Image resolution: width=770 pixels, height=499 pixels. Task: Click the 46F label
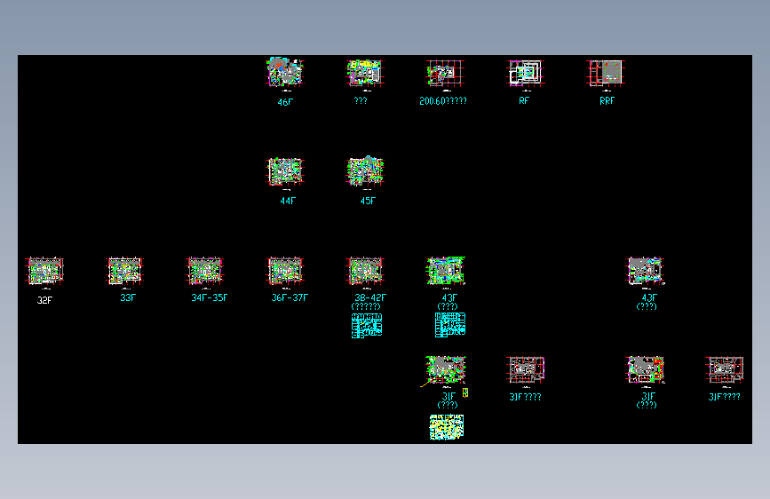pos(285,102)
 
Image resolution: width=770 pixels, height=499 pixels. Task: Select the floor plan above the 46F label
pos(286,73)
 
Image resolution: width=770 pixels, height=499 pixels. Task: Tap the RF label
pos(524,101)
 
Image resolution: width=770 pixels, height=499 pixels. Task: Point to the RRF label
pos(607,101)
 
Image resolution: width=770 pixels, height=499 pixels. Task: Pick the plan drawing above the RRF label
pos(607,73)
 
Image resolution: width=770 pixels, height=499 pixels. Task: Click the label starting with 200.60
pos(443,101)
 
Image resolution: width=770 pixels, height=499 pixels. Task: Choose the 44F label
pos(287,201)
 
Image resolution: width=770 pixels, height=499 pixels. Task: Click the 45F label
pos(368,201)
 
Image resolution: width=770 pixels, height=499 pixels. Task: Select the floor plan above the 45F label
pos(365,171)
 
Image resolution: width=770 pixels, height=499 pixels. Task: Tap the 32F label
pos(44,300)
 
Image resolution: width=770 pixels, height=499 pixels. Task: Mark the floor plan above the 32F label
pos(44,271)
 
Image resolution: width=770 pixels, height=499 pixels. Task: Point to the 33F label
pos(128,297)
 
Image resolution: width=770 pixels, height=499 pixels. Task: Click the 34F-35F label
pos(209,297)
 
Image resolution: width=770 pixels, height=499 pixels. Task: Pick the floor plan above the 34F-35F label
pos(205,271)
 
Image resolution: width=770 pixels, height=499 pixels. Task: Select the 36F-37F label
pos(290,297)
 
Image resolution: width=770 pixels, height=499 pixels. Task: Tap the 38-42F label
pos(370,297)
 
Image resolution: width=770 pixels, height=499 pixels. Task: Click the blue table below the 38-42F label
pos(367,325)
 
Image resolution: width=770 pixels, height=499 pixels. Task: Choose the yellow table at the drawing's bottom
pos(447,427)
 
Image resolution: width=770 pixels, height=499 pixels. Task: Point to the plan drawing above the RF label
pos(524,73)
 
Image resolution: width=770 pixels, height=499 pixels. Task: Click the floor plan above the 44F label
pos(285,171)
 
